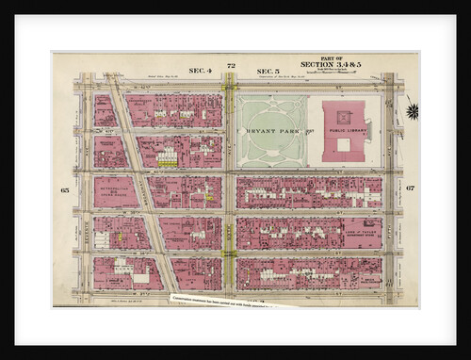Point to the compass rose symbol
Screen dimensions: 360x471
[412, 111]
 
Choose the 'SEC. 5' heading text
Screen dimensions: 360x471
[268, 70]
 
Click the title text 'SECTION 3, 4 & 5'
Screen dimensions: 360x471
[331, 64]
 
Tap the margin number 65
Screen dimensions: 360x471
[65, 189]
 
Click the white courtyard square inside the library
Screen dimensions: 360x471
[344, 144]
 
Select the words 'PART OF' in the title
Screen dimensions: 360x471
[330, 57]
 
